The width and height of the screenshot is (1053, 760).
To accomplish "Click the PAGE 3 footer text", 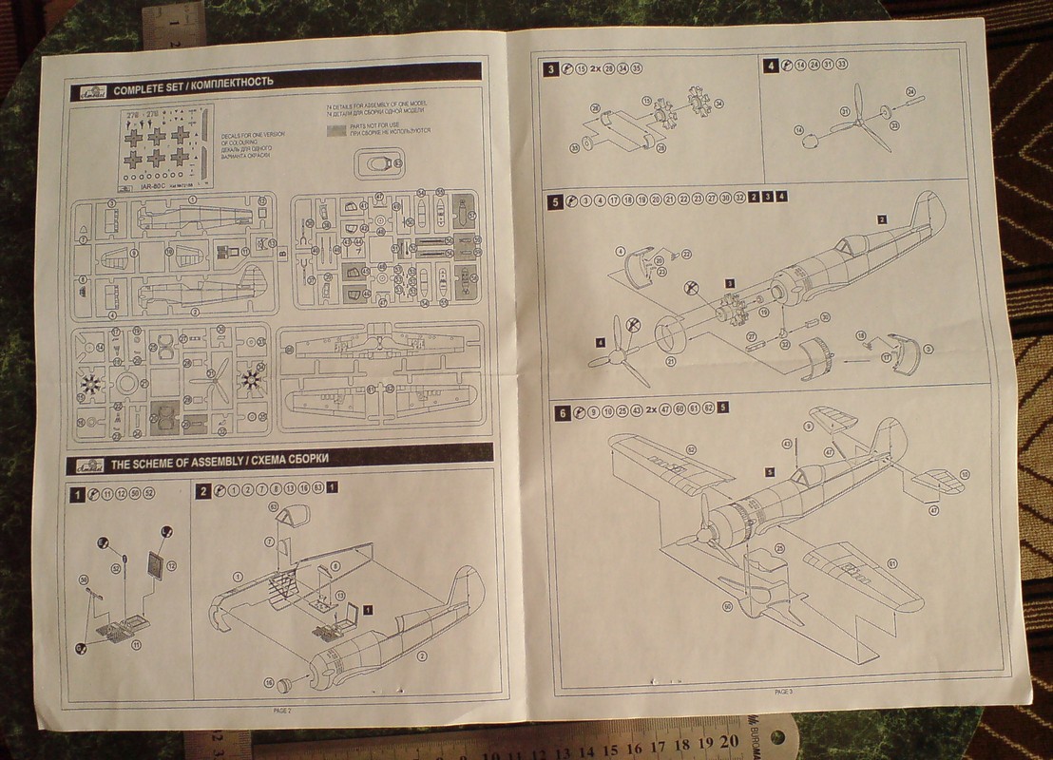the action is (782, 691).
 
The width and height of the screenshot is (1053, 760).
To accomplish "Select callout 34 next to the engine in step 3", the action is (718, 104).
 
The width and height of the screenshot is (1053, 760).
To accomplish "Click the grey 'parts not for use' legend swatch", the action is (335, 128).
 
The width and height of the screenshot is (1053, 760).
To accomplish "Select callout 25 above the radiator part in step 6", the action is (779, 547).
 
